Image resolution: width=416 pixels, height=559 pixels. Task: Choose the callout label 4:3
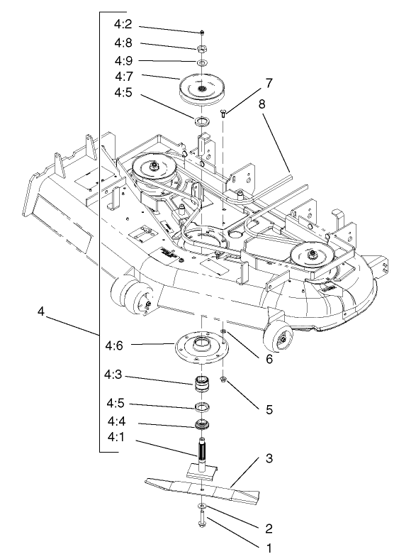(x=116, y=382)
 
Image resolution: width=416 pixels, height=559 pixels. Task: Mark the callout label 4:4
(x=116, y=424)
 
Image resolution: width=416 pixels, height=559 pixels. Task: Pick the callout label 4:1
(x=116, y=440)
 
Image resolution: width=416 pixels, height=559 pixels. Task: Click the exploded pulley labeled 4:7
(x=201, y=87)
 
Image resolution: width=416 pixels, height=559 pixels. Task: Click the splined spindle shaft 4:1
(x=202, y=450)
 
